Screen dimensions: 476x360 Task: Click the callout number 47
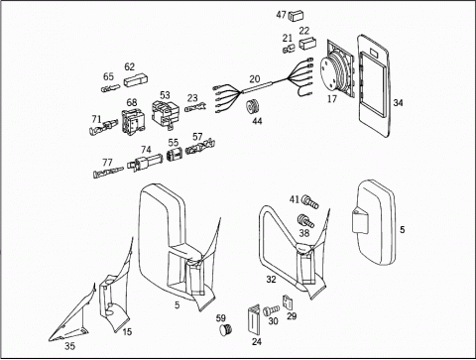pyautogui.click(x=282, y=15)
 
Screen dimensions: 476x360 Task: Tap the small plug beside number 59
pyautogui.click(x=225, y=329)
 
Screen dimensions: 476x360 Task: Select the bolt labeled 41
pyautogui.click(x=309, y=201)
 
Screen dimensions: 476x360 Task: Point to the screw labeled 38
pyautogui.click(x=305, y=221)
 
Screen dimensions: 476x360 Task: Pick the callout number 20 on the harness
pyautogui.click(x=255, y=79)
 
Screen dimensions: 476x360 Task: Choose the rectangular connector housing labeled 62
pyautogui.click(x=136, y=81)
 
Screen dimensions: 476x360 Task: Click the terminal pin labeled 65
pyautogui.click(x=111, y=88)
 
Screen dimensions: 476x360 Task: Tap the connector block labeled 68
pyautogui.click(x=132, y=122)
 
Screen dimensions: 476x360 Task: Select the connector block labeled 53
pyautogui.click(x=166, y=113)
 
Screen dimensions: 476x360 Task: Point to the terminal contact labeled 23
pyautogui.click(x=195, y=107)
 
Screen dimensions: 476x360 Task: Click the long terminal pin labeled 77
pyautogui.click(x=108, y=173)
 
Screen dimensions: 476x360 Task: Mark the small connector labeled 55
pyautogui.click(x=175, y=154)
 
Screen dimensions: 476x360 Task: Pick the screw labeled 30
pyautogui.click(x=271, y=310)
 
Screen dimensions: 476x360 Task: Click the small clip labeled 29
pyautogui.click(x=288, y=300)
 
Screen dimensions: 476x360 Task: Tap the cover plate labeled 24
pyautogui.click(x=254, y=319)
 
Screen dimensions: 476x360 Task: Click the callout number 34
pyautogui.click(x=398, y=103)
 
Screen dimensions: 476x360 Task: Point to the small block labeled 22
pyautogui.click(x=307, y=44)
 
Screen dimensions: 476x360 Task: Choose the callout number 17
pyautogui.click(x=331, y=98)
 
